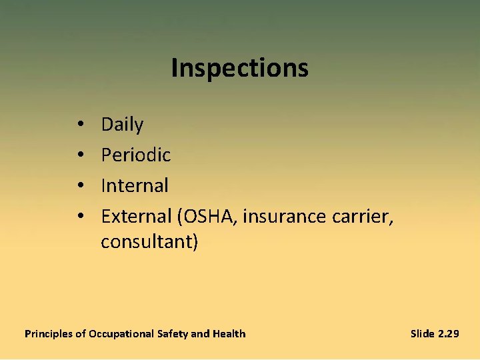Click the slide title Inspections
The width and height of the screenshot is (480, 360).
(239, 68)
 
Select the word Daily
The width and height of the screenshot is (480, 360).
(122, 125)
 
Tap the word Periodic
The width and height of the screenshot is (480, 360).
(136, 155)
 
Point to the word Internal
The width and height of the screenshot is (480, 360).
(135, 185)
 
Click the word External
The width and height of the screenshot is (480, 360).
(137, 216)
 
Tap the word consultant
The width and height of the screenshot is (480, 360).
(147, 241)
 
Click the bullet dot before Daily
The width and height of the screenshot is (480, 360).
(79, 125)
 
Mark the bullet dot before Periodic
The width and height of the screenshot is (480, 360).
(79, 156)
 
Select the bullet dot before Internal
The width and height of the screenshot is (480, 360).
(79, 186)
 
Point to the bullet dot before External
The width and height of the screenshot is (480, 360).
(79, 217)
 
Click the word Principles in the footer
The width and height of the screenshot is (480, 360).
(49, 333)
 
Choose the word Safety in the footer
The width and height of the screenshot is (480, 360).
(173, 333)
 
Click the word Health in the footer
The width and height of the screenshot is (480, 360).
(229, 333)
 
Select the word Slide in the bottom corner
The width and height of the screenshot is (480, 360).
(423, 333)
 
